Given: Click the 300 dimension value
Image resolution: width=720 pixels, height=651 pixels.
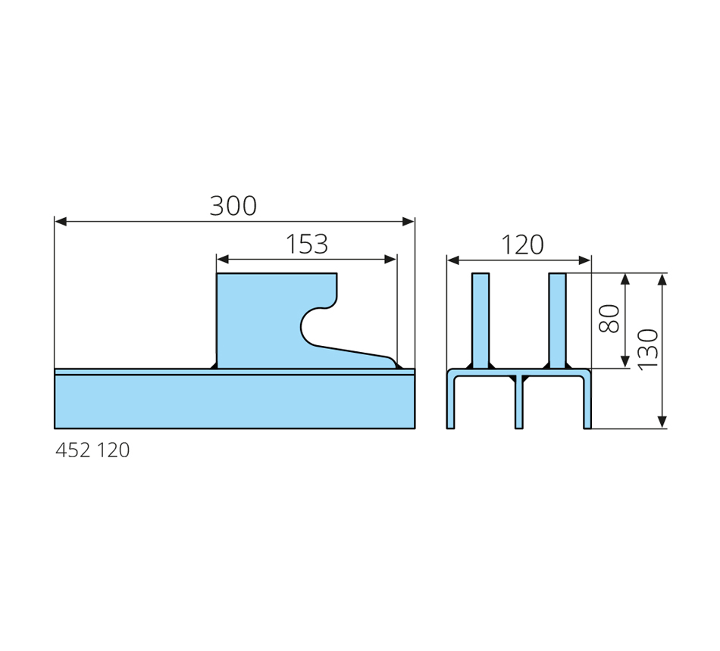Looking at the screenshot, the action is coord(233,206).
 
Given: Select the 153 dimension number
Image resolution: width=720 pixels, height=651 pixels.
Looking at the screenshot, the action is coord(307,244).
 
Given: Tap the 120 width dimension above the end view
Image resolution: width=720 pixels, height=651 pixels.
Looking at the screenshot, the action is coord(522,245).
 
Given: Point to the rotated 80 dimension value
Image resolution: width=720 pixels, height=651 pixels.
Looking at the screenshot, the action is coord(609,319).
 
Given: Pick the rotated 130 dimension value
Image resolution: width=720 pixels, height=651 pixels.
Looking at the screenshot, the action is coord(648,349).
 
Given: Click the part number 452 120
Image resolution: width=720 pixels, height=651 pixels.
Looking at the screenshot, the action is coord(92,450).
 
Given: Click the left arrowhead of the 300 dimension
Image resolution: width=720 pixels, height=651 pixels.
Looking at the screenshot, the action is coord(61,222).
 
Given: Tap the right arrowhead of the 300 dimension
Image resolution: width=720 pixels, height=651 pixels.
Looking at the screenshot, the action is coord(409,222).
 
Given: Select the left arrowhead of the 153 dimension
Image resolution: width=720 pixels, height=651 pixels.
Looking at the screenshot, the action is coord(223,260).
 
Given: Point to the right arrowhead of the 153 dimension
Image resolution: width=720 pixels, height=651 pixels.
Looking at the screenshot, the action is coord(390,260).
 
